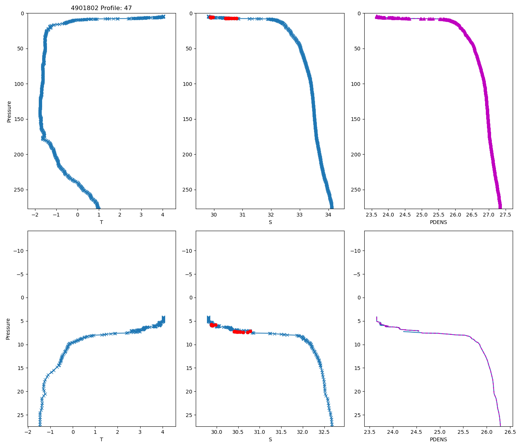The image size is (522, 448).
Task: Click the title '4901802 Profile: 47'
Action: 101,8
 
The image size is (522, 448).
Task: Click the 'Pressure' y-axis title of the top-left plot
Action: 9,111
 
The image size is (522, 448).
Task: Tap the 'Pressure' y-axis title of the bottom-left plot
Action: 8,329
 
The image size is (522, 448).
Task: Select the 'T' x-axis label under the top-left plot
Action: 101,222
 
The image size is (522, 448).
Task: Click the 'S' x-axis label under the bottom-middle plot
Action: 270,439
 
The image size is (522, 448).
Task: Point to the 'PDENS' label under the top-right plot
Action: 438,222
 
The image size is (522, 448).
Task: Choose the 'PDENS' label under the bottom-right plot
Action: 438,439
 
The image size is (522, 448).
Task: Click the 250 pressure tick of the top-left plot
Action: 19,190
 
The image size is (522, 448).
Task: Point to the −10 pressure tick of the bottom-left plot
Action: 18,251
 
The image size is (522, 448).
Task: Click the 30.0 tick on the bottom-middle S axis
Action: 217,432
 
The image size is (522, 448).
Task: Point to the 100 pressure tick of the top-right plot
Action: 356,84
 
